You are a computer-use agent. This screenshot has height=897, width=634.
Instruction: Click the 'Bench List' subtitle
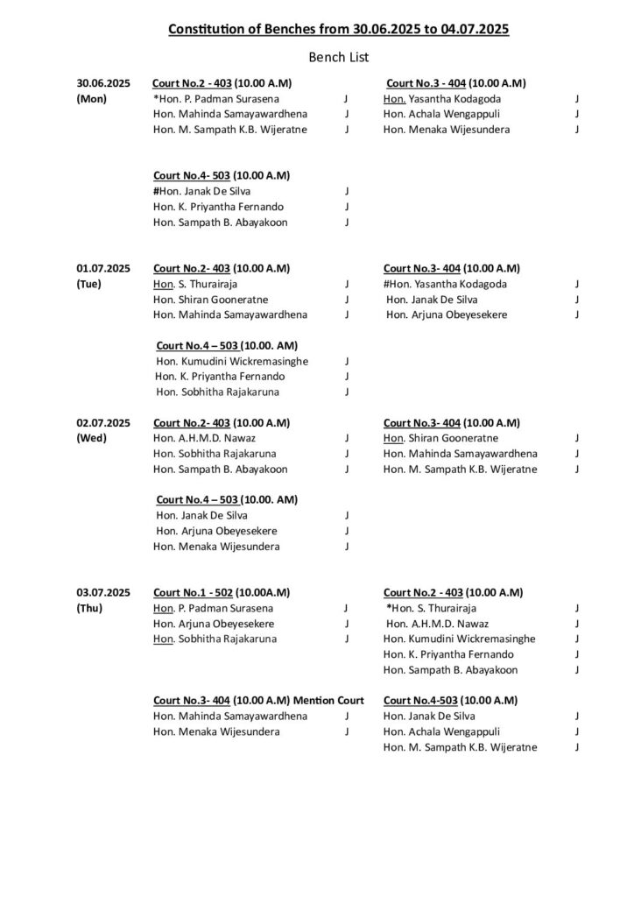click(338, 58)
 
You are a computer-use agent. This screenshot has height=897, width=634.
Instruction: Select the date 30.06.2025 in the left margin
click(102, 83)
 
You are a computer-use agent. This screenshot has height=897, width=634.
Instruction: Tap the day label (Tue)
click(91, 285)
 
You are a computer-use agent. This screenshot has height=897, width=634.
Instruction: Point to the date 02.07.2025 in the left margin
click(102, 422)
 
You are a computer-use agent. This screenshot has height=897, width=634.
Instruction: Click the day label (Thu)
click(91, 608)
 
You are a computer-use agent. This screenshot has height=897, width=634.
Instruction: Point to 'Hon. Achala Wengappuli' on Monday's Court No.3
click(438, 115)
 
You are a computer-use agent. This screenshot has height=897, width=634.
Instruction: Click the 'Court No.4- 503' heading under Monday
click(190, 175)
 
